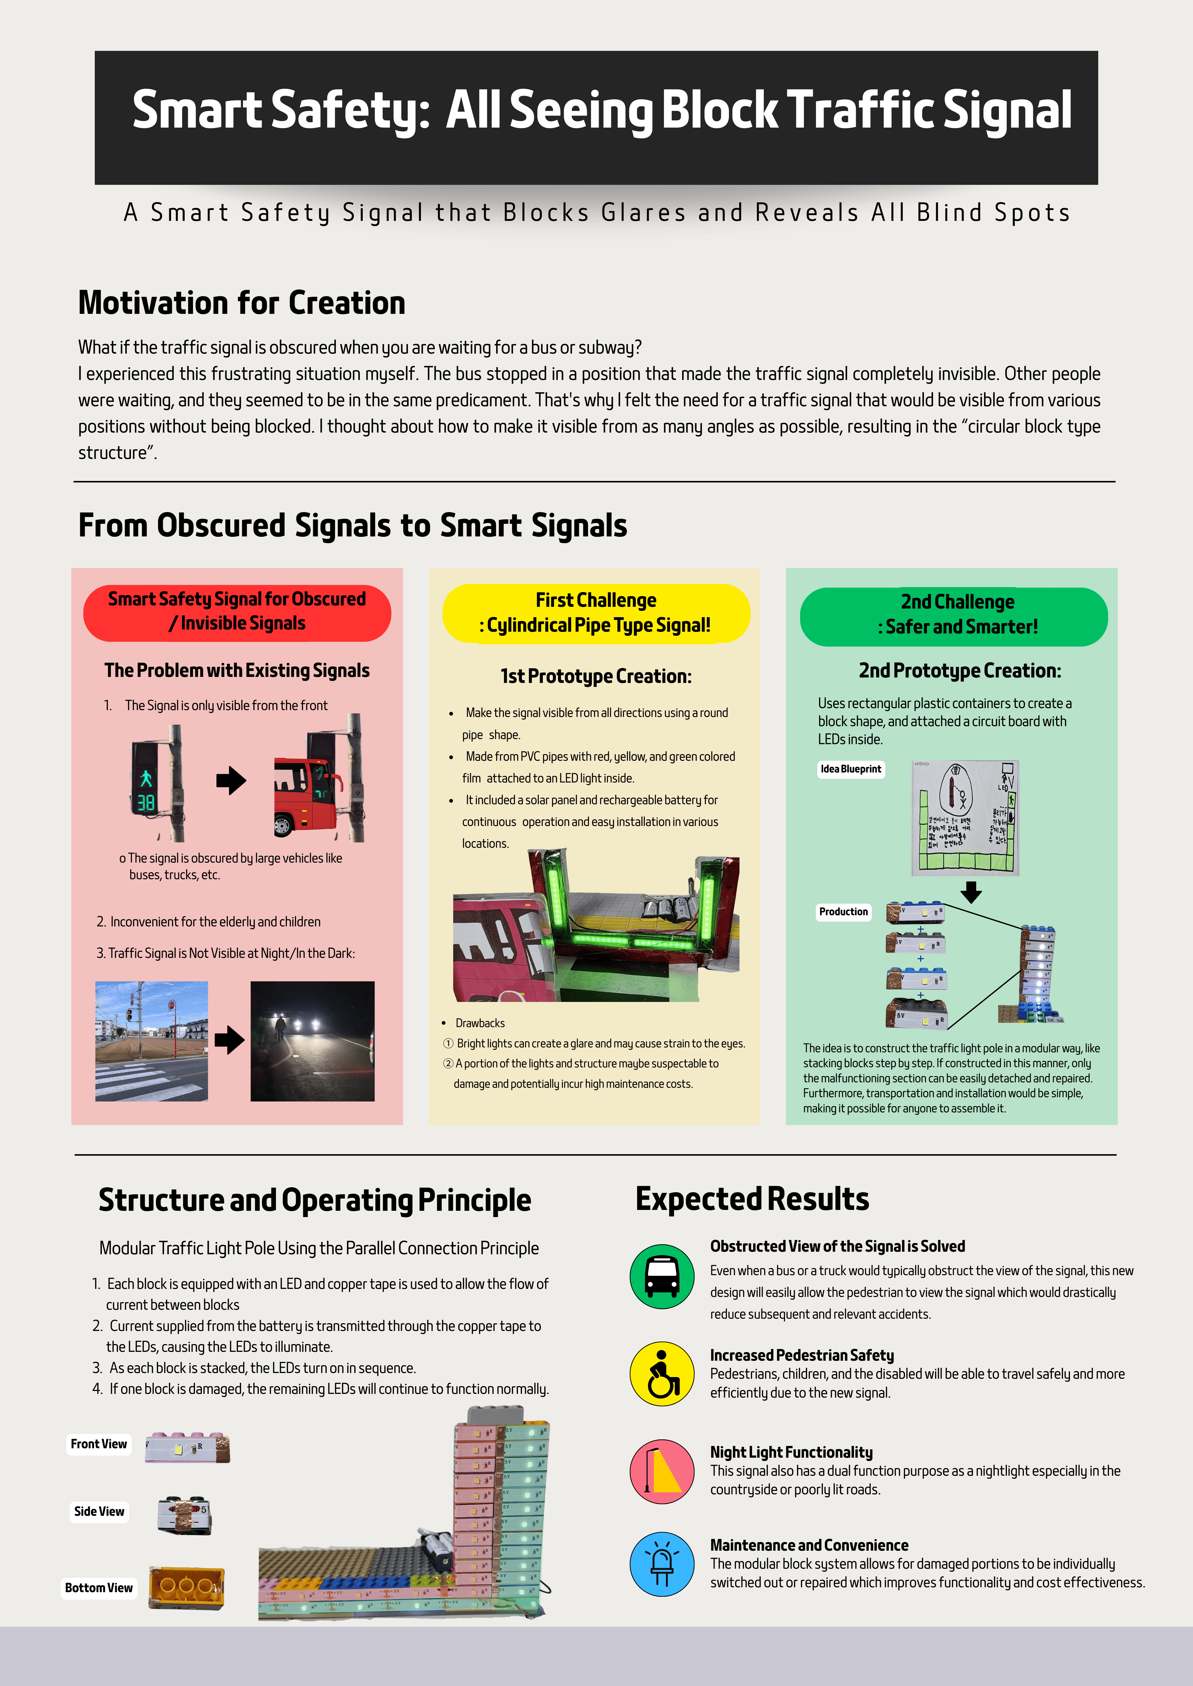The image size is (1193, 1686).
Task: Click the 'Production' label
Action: tap(843, 911)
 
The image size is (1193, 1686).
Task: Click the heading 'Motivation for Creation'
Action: tap(242, 302)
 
